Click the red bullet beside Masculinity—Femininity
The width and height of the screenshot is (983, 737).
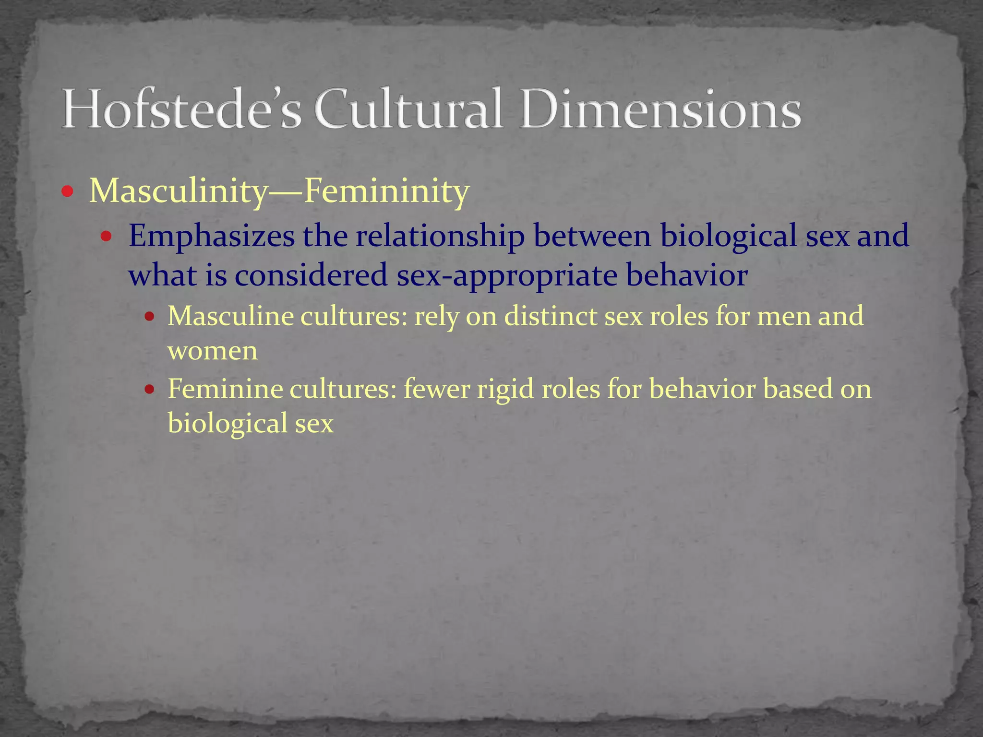click(x=68, y=192)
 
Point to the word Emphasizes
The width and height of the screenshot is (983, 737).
click(x=212, y=237)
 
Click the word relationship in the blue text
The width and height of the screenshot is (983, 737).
click(x=440, y=237)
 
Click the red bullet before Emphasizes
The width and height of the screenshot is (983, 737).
click(x=107, y=237)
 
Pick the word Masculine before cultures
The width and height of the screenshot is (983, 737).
click(x=230, y=317)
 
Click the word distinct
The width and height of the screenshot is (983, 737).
click(x=550, y=317)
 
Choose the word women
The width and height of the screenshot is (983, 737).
click(x=213, y=352)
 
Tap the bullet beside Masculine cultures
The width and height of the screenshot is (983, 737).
click(x=150, y=317)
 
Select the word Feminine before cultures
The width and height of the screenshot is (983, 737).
click(x=225, y=389)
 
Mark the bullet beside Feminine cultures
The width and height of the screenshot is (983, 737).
click(x=150, y=389)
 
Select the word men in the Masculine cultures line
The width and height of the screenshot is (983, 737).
click(x=783, y=317)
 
